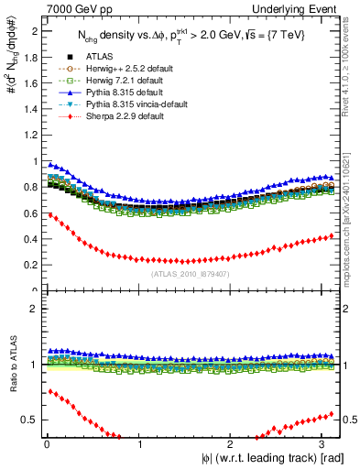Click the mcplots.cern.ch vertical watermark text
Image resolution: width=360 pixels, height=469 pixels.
pyautogui.click(x=351, y=211)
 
